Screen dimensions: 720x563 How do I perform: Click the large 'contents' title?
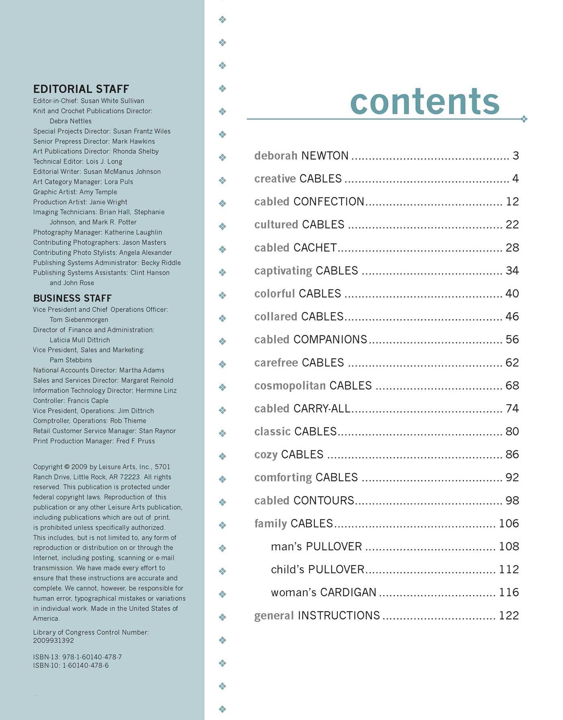(425, 101)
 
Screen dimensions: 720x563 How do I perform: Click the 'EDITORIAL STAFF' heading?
(81, 89)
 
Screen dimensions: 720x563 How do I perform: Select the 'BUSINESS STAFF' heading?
(72, 298)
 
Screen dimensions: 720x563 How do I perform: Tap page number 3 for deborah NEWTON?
(516, 156)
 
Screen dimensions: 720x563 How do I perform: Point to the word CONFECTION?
(329, 201)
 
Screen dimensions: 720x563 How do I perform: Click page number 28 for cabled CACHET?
(512, 248)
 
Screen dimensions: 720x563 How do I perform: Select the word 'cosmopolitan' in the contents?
(290, 386)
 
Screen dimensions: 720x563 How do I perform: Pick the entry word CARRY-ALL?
(322, 408)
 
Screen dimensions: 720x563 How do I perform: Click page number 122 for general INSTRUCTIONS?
(509, 615)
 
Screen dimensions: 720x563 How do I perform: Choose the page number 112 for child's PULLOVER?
(509, 570)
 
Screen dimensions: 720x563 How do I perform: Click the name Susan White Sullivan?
(112, 101)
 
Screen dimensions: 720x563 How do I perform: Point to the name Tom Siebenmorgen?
(79, 320)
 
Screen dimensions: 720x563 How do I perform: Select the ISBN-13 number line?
(77, 657)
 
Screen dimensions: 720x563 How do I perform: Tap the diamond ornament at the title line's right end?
(524, 119)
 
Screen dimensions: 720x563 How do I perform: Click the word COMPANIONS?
(330, 340)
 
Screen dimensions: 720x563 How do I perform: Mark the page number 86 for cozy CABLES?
(512, 455)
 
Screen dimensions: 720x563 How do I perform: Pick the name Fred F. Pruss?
(135, 441)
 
